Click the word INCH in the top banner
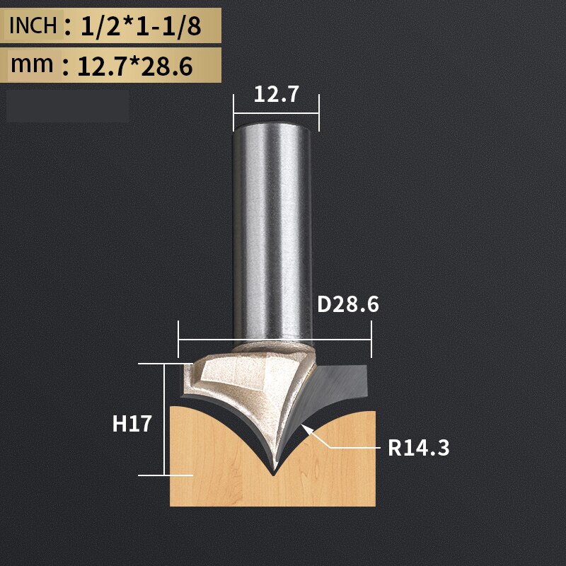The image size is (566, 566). pyautogui.click(x=33, y=26)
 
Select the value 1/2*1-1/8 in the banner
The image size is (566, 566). pyautogui.click(x=140, y=27)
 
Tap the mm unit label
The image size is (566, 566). pyautogui.click(x=32, y=64)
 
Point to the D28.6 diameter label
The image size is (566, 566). pyautogui.click(x=348, y=304)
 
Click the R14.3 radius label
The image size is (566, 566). pyautogui.click(x=418, y=447)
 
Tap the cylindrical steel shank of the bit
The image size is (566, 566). pyautogui.click(x=273, y=226)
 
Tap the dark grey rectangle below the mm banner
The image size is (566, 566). pyautogui.click(x=68, y=107)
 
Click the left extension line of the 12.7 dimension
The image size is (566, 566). pyautogui.click(x=234, y=112)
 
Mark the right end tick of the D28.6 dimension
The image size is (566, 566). pyautogui.click(x=371, y=340)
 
